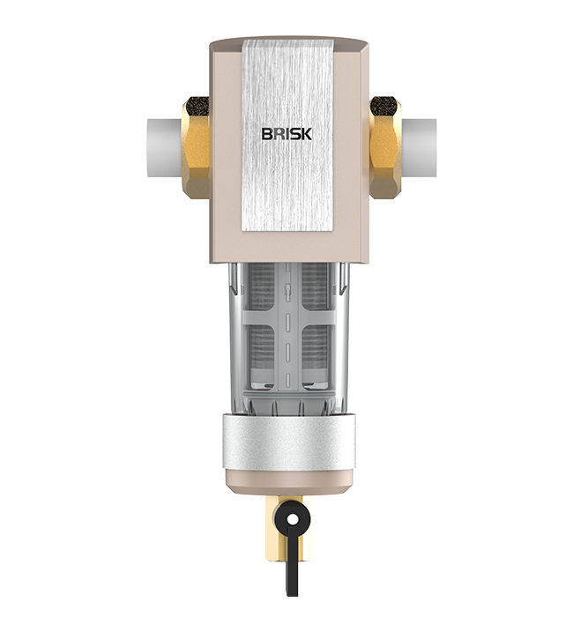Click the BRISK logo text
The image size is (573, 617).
pos(286,134)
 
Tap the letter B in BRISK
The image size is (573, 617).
pos(267,134)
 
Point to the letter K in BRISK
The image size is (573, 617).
pos(307,134)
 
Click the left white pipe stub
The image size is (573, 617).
pos(165,148)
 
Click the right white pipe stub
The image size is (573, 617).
pos(419,148)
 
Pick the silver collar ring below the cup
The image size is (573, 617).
pos(286,442)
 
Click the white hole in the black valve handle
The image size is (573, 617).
pos(293,520)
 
